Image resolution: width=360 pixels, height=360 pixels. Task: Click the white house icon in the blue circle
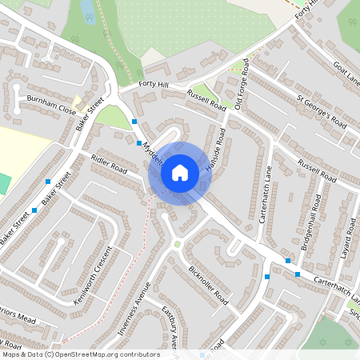180,172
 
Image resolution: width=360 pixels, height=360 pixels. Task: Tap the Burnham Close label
50,104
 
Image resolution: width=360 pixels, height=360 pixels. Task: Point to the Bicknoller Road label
210,286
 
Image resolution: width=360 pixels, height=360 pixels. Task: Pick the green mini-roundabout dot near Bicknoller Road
178,244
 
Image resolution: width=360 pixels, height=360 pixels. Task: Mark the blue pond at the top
87,10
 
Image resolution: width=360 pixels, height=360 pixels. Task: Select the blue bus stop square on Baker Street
49,182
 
